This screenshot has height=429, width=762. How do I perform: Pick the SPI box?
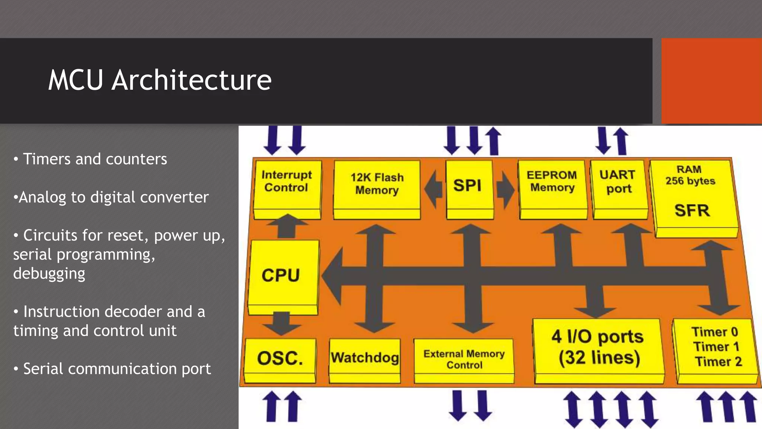tap(468, 185)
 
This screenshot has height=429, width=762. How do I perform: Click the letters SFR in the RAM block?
tap(692, 211)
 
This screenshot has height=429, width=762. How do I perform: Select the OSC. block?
tap(280, 358)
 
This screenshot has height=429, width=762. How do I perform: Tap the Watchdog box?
tap(365, 357)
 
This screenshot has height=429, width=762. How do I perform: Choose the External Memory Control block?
tap(464, 359)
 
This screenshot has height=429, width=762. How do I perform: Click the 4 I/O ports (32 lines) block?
tap(598, 348)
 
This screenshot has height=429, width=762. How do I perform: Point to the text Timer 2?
tap(718, 362)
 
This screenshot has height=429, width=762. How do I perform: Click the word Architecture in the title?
tap(191, 80)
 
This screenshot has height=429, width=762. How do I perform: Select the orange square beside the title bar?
tap(711, 81)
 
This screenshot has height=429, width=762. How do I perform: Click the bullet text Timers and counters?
tap(95, 159)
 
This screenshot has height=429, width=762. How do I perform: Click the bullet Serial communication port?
tap(116, 369)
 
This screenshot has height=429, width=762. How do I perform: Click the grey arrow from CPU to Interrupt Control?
tap(287, 226)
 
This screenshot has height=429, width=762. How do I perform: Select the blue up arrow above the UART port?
tap(621, 141)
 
